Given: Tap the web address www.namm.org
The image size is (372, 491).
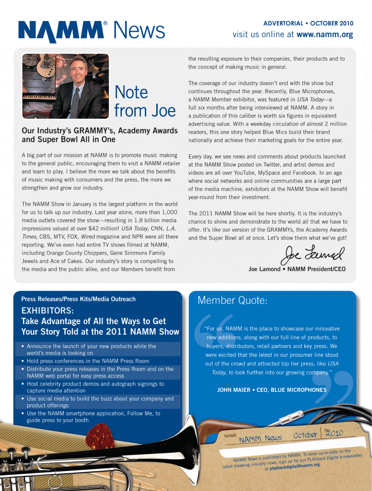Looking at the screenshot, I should pyautogui.click(x=325, y=35).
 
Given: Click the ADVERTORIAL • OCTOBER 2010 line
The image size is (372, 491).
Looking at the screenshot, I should pyautogui.click(x=308, y=23).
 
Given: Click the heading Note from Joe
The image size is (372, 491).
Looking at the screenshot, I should pyautogui.click(x=144, y=101).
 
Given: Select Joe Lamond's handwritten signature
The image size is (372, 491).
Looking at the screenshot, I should pyautogui.click(x=312, y=255).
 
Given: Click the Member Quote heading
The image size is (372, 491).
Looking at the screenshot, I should pyautogui.click(x=232, y=300).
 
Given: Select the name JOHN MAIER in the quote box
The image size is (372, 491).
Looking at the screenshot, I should pyautogui.click(x=234, y=390).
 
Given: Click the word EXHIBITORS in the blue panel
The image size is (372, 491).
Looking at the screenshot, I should pyautogui.click(x=47, y=311).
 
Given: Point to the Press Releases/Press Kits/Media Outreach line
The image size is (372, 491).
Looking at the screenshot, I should pyautogui.click(x=78, y=299).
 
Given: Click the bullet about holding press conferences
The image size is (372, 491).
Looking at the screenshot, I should pyautogui.click(x=88, y=361).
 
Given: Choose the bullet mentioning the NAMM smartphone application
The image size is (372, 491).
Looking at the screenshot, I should pyautogui.click(x=93, y=417).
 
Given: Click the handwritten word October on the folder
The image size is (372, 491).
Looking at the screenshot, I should pyautogui.click(x=305, y=435).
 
